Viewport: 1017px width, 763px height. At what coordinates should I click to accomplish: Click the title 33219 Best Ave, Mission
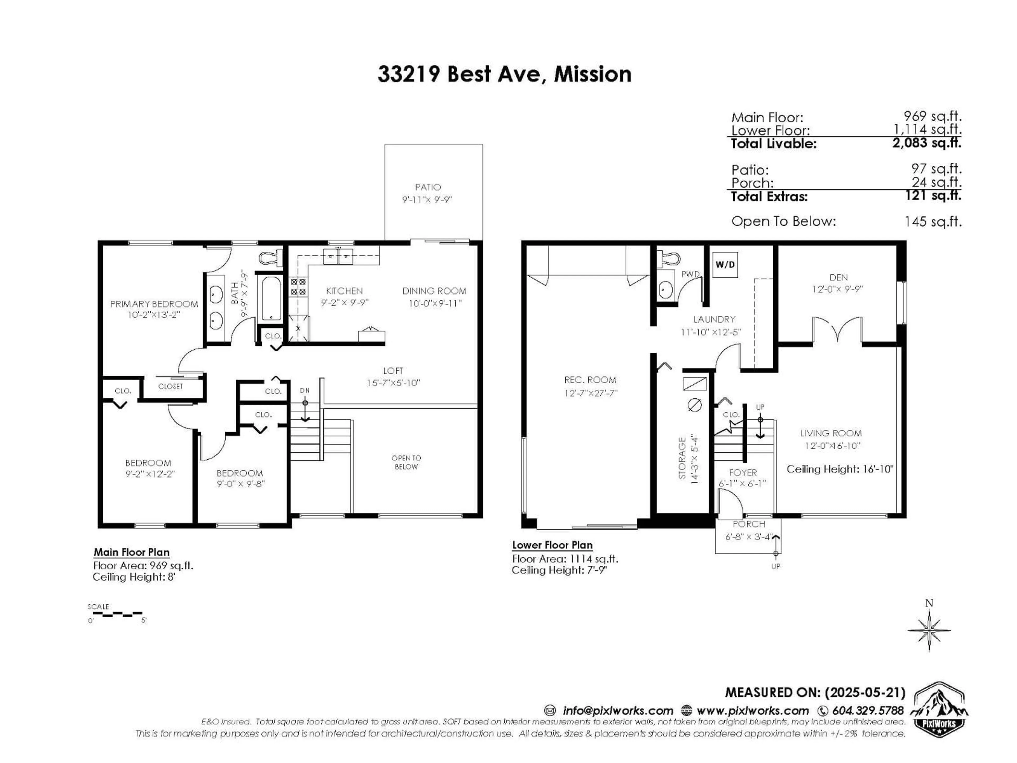[x=504, y=74]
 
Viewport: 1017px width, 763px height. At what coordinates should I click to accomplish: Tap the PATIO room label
[x=427, y=187]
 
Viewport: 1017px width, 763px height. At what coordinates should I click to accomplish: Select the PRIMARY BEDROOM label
[x=154, y=304]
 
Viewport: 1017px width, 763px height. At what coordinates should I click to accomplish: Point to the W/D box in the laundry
[x=725, y=264]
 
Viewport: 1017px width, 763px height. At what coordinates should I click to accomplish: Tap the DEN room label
[x=838, y=277]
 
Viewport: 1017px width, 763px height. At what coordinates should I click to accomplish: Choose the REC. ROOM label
[x=590, y=380]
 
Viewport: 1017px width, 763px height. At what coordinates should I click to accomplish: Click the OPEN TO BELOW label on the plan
[x=406, y=462]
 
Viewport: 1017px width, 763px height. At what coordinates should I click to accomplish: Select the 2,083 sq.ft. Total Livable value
[x=926, y=143]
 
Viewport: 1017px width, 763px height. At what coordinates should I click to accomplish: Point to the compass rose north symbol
[x=929, y=630]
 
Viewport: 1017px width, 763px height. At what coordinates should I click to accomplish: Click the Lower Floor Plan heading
[x=552, y=545]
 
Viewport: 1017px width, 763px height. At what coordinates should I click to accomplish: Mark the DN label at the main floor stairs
[x=304, y=391]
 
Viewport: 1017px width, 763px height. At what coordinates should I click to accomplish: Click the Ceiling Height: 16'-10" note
[x=840, y=469]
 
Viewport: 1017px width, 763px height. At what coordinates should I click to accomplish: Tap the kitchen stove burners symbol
[x=298, y=287]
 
